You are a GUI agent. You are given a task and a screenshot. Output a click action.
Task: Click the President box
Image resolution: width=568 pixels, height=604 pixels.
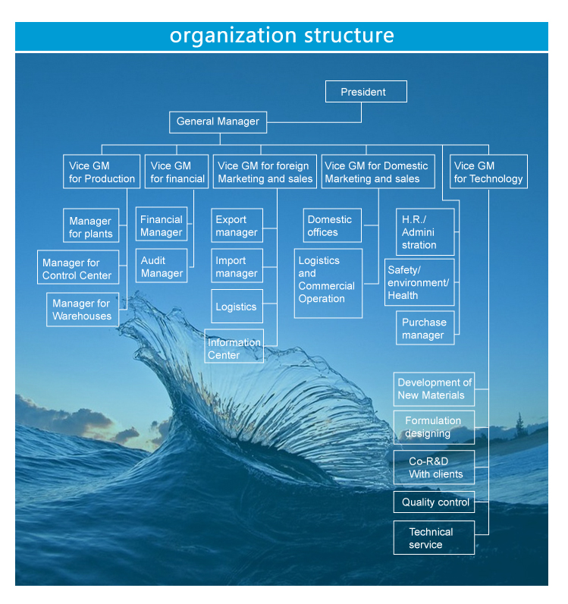pos(366,92)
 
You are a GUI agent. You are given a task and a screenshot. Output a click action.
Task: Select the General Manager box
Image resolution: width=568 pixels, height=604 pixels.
pos(218,121)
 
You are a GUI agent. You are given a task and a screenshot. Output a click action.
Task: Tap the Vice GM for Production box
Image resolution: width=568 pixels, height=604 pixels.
pos(102,172)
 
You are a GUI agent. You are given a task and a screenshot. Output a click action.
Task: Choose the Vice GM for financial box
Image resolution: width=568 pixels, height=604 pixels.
pos(177,172)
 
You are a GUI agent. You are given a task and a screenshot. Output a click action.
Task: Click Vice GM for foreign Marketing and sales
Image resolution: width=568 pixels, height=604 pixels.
pos(265,172)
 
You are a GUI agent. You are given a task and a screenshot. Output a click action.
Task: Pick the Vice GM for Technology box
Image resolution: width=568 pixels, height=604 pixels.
pos(488,172)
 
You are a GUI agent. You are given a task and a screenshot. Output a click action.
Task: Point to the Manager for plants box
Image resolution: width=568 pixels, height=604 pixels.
pos(90,228)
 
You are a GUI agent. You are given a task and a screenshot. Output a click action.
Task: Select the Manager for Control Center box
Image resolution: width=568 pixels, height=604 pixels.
pos(78,269)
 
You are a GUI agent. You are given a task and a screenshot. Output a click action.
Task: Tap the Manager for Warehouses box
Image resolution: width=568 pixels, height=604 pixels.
pos(82,310)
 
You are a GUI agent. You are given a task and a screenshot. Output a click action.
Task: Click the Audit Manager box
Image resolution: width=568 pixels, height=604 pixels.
pos(162,267)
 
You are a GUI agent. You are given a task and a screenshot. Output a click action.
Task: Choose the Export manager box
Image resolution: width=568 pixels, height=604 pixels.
pos(237,226)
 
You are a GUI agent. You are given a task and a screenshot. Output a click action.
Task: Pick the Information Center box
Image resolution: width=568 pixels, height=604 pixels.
pos(234,348)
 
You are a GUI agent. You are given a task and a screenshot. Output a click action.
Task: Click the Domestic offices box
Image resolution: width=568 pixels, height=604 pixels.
pos(332,226)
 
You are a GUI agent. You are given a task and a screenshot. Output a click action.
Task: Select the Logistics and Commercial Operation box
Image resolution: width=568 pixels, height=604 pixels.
pos(328,280)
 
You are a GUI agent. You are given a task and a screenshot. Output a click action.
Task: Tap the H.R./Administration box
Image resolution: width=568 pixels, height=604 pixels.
pos(425,232)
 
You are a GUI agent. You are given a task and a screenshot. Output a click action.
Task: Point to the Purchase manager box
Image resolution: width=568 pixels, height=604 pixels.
pos(425,329)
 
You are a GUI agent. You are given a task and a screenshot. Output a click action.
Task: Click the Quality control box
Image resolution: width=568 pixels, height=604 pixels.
pos(435,502)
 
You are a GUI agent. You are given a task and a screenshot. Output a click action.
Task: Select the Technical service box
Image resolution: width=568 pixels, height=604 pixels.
pos(434,538)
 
